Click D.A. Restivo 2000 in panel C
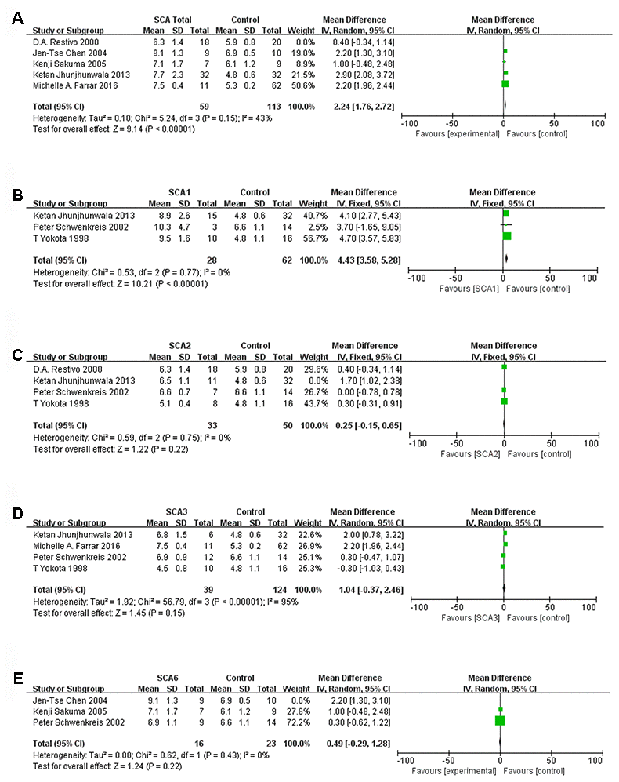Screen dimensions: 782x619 [x=61, y=367]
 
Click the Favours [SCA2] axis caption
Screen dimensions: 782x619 [x=466, y=454]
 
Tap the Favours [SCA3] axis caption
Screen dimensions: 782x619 [x=466, y=617]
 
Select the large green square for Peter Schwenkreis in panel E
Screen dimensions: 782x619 [x=500, y=721]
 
